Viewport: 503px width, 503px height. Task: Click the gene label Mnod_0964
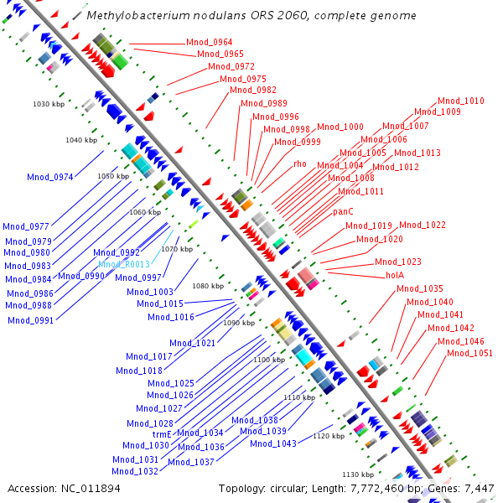pos(210,42)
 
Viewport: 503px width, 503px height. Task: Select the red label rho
pos(300,163)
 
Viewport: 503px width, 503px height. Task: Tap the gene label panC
pos(343,211)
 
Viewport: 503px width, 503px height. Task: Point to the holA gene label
pos(395,274)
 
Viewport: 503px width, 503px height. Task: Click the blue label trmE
pos(162,434)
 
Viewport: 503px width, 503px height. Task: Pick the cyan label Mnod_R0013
pos(123,264)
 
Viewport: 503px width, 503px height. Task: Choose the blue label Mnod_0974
pos(50,177)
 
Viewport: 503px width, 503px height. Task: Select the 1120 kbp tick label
pos(329,436)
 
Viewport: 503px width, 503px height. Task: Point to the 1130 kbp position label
pos(357,474)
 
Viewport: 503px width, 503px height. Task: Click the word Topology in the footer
pos(241,488)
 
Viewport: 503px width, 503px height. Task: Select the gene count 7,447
pos(478,488)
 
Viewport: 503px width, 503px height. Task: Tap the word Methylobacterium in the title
pos(135,15)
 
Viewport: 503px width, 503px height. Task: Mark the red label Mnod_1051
pos(469,353)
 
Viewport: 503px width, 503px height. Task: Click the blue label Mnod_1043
pos(273,443)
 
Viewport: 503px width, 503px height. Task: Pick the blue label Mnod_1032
pos(135,471)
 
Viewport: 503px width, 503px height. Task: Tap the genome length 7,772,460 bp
pos(381,488)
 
